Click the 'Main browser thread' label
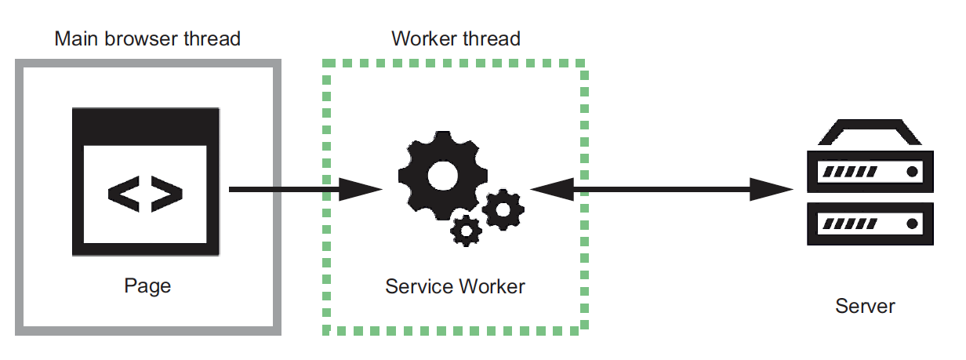(147, 38)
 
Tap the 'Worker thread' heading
(456, 38)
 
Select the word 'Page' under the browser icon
(147, 285)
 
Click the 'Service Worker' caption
(455, 286)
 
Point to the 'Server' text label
(865, 306)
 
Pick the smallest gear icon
(467, 230)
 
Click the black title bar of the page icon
(145, 123)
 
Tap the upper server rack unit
(870, 172)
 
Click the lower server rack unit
(870, 224)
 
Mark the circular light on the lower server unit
(912, 224)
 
